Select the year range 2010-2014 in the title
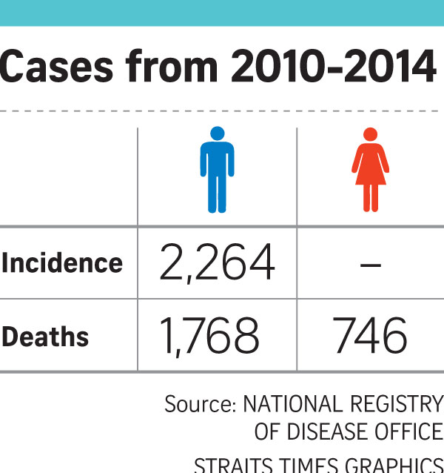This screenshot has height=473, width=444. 332,69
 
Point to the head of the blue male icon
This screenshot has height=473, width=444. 217,133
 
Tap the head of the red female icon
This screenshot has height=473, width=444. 370,133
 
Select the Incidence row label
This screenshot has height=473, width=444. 62,263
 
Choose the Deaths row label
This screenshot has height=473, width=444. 45,337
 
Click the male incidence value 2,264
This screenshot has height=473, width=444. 216,263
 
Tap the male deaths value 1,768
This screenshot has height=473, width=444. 209,337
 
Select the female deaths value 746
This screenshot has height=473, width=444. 370,337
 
